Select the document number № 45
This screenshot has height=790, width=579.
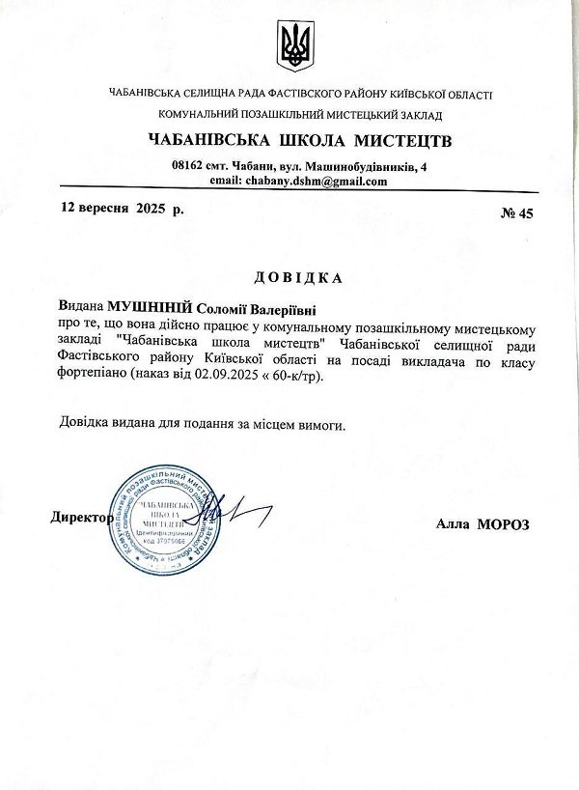click(x=517, y=213)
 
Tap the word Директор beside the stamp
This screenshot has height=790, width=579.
click(x=80, y=517)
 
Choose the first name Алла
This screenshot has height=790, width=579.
click(x=453, y=523)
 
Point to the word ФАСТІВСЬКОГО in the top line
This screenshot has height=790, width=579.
click(x=285, y=94)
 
